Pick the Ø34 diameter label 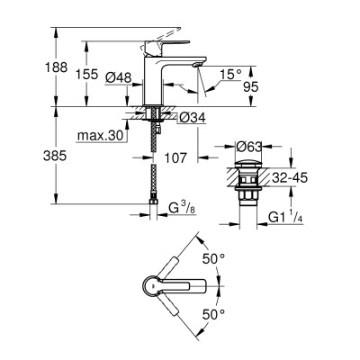pyautogui.click(x=188, y=117)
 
